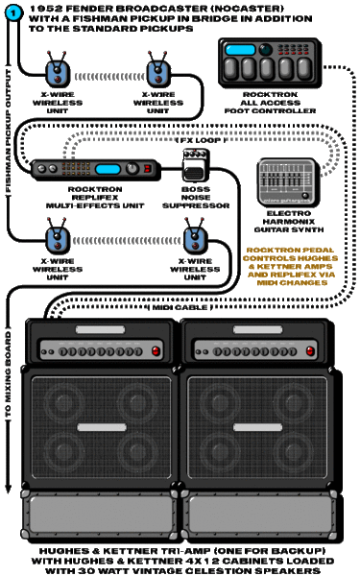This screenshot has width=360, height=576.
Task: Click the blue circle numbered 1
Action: [x=13, y=13]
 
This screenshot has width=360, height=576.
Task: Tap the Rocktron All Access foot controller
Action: [x=270, y=63]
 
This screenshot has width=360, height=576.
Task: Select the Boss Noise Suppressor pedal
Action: [x=196, y=165]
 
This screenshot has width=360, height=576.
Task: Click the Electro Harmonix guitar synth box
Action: [x=289, y=182]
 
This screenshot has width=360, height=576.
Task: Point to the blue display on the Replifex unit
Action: [x=108, y=169]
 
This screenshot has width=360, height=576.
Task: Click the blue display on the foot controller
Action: [x=240, y=50]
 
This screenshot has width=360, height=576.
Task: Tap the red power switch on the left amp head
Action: [x=156, y=351]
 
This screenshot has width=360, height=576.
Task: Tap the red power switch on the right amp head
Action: [x=311, y=351]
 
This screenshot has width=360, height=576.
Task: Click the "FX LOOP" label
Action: [x=201, y=141]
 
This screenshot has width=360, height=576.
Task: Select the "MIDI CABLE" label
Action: [x=180, y=307]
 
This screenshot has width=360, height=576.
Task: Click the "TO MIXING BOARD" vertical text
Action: [x=8, y=374]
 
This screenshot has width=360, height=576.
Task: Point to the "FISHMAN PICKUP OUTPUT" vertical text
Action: [x=8, y=131]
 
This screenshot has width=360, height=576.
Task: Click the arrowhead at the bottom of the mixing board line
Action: [x=8, y=489]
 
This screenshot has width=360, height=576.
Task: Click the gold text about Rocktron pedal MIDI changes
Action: [x=291, y=266]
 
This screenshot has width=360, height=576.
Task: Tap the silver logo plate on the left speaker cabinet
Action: [x=102, y=427]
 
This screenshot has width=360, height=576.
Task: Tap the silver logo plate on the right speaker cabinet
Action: [x=258, y=427]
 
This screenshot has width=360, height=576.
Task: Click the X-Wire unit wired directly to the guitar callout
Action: [x=58, y=73]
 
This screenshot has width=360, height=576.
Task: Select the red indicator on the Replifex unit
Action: [x=148, y=169]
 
